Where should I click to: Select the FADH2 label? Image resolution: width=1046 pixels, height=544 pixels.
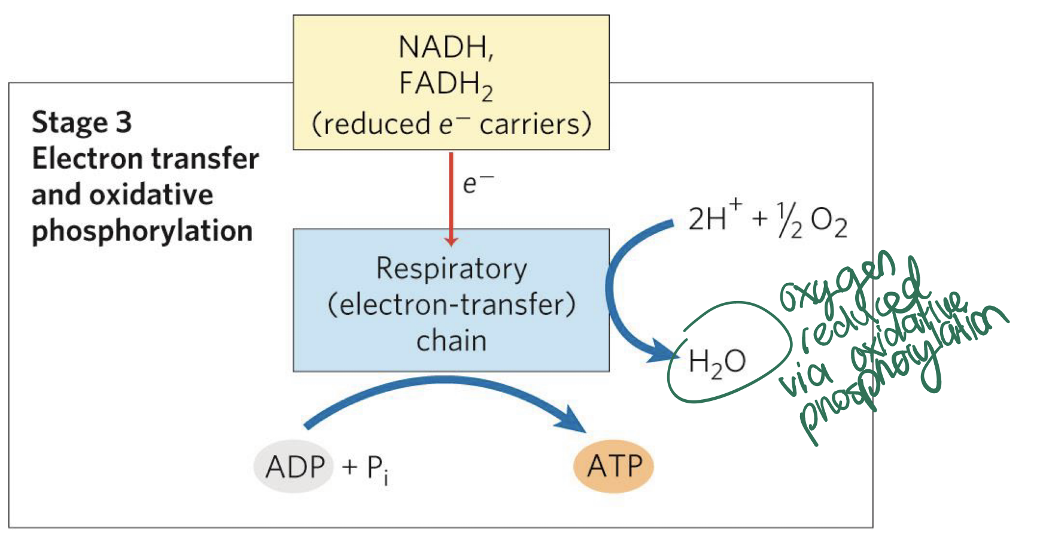pos(446,84)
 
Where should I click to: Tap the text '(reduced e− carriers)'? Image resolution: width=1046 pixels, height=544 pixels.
pos(451,124)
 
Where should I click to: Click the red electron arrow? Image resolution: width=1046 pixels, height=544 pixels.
pos(451,197)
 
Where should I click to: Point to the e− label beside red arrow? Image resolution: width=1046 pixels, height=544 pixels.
pos(478,184)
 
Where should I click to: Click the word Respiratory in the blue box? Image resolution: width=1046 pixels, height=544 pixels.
pos(451,268)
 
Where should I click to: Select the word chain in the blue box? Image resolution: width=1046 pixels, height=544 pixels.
pos(451,341)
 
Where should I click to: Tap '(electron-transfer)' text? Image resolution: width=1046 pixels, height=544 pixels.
pos(451,305)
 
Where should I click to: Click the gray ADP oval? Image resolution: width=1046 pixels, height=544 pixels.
pos(293,467)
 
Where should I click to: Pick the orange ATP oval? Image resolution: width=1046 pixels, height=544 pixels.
pos(614,466)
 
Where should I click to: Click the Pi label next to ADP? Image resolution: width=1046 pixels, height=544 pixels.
pos(377,469)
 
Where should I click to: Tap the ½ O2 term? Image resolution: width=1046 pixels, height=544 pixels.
pos(811,220)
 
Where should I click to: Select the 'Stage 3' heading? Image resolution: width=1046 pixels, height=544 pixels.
pos(81,122)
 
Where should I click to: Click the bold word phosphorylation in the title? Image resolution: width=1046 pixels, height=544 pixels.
pos(142,231)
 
